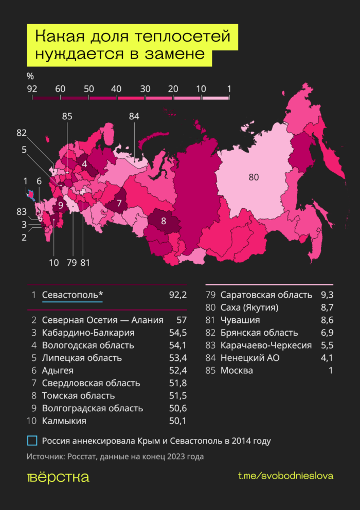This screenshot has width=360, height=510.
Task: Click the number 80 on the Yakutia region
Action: tap(253, 177)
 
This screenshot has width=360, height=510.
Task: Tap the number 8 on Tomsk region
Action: tap(164, 222)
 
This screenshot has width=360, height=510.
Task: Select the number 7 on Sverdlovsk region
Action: tap(119, 203)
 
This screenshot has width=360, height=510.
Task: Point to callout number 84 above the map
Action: tap(134, 117)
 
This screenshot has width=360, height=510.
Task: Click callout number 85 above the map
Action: tap(67, 117)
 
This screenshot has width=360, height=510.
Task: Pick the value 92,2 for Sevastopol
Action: tap(177, 295)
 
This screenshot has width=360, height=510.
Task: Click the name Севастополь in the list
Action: tap(73, 295)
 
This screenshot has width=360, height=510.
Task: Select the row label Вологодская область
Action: tap(88, 345)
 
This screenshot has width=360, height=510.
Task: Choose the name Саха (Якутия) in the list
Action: tap(249, 307)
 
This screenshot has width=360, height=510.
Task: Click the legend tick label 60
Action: tap(60, 89)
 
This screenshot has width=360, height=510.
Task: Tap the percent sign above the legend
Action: tap(30, 76)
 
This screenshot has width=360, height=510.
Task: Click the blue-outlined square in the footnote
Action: tap(32, 441)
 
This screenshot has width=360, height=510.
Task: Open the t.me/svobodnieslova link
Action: tap(285, 476)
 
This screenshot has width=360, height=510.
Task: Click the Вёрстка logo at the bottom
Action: tap(58, 477)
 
